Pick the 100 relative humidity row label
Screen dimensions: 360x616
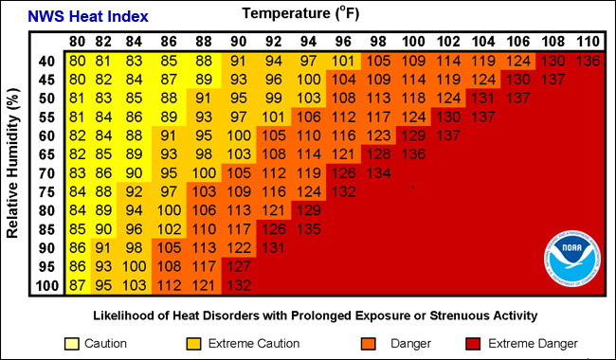[46, 285]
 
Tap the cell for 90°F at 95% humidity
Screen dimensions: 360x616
[238, 266]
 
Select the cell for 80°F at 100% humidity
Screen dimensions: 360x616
[77, 285]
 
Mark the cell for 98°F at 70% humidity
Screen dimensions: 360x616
[378, 172]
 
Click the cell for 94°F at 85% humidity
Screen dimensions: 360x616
[309, 228]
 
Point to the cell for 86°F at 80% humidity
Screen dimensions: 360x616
[169, 209]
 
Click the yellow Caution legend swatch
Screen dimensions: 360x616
[72, 343]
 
